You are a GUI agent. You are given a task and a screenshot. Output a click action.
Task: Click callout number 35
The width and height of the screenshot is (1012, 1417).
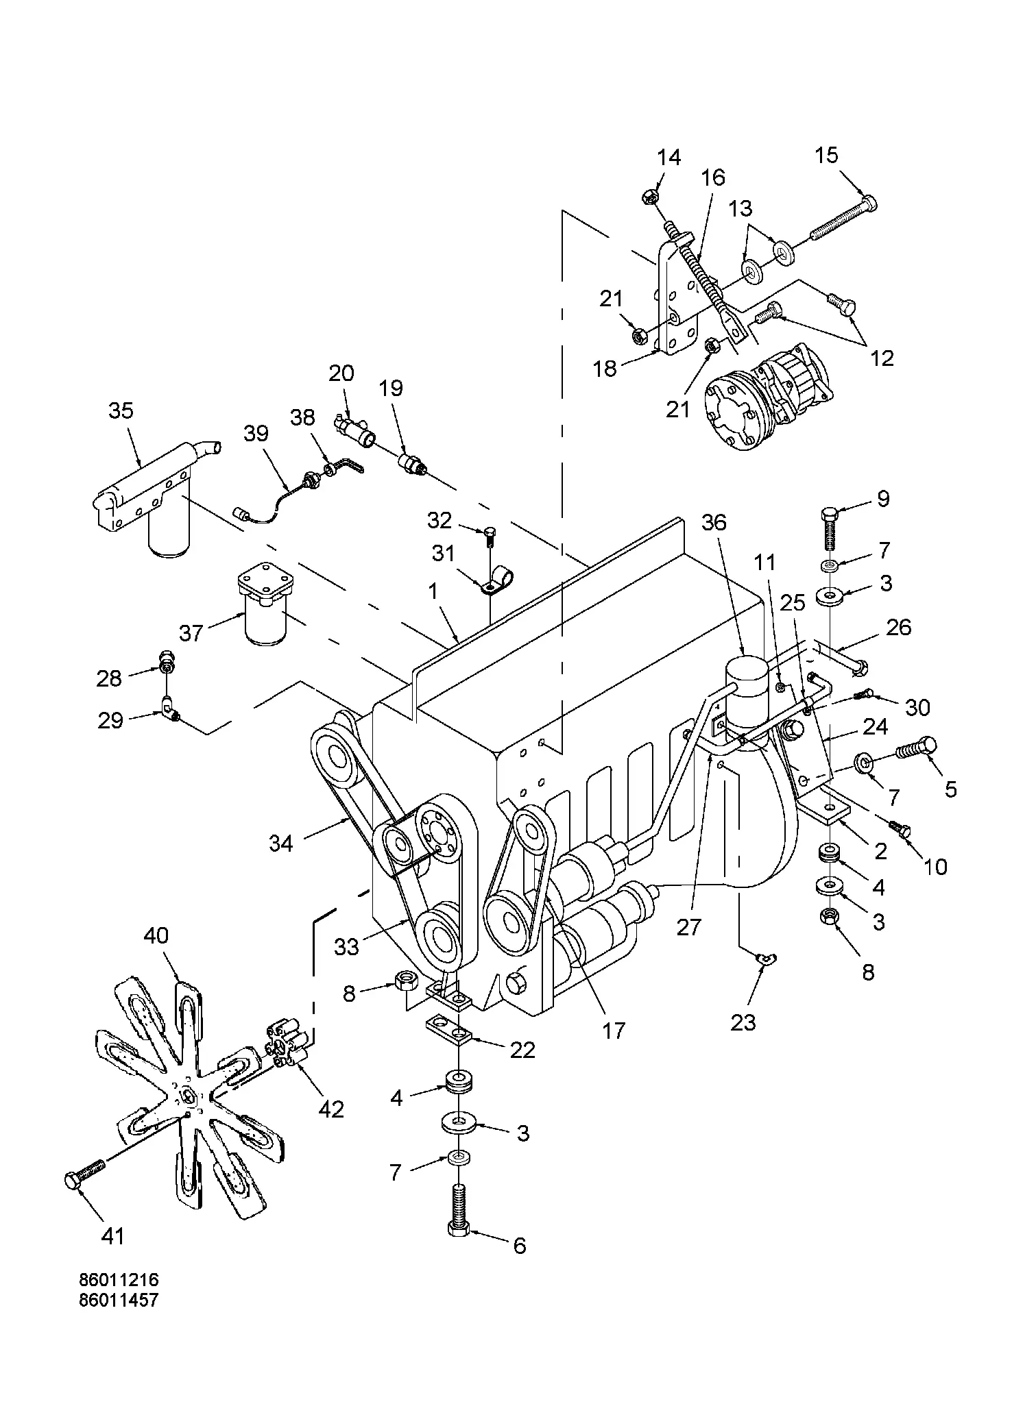pos(121,411)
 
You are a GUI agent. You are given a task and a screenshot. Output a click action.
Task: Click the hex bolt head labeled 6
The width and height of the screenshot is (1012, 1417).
pos(458,1229)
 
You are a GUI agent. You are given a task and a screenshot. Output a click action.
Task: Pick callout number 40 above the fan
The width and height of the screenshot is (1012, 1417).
pos(156,935)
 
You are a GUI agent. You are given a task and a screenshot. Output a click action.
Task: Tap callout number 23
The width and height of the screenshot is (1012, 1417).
pos(743,1022)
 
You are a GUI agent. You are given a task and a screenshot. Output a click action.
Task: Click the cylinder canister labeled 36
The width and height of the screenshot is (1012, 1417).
pos(745,692)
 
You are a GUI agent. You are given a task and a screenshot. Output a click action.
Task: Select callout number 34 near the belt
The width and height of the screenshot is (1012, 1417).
pos(281,843)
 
